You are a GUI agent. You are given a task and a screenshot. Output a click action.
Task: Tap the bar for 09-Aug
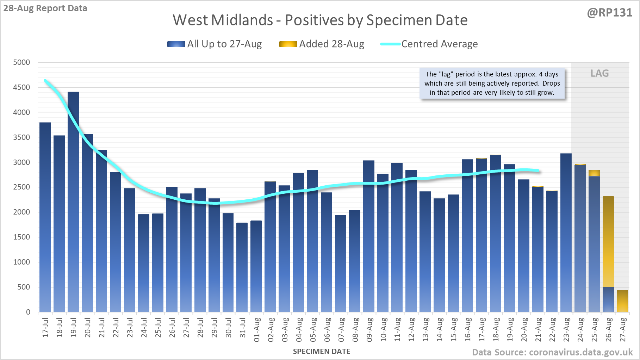369,236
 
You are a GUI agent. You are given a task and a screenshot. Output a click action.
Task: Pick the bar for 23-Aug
566,232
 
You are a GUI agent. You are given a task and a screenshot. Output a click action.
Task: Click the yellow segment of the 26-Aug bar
608,241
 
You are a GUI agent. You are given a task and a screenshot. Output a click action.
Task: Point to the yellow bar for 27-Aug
622,301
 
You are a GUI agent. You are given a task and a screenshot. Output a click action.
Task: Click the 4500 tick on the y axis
21,87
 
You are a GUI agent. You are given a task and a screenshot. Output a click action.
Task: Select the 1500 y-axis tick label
21,237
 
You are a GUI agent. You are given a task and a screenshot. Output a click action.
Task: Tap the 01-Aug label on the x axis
257,330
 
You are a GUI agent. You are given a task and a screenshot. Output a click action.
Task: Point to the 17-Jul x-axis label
45,328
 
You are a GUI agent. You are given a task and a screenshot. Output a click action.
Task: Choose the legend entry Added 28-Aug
322,44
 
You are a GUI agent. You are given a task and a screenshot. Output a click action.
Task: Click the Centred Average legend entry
429,44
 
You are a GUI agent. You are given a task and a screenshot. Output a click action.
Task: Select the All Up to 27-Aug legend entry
215,44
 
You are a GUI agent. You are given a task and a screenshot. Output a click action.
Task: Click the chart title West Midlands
320,20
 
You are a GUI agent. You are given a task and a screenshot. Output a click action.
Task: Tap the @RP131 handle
609,13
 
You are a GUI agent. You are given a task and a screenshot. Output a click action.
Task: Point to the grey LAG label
599,73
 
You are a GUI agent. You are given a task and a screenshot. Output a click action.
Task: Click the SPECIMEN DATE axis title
322,352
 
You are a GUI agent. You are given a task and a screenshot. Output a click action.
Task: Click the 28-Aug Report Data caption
45,8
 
